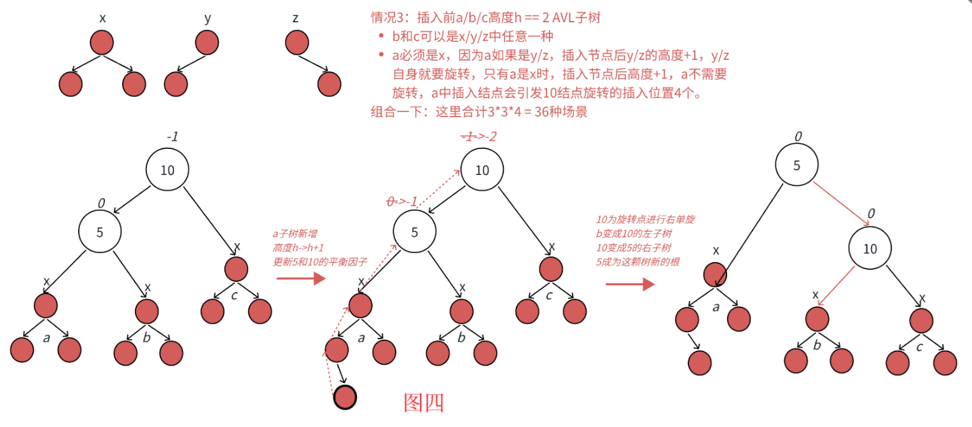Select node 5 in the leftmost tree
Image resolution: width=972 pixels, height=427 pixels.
coord(100,232)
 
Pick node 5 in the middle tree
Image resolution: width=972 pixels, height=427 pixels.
coord(415,232)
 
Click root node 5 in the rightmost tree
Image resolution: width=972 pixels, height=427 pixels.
coord(796,164)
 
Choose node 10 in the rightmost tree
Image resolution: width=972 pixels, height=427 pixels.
coord(870,249)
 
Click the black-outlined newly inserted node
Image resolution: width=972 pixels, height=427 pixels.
coord(345,397)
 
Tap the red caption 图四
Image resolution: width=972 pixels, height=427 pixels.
coord(423,402)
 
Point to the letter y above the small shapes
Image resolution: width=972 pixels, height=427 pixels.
coord(207,18)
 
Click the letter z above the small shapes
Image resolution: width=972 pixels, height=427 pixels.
coord(295,18)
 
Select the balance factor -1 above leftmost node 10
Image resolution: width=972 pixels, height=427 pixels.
coord(172,137)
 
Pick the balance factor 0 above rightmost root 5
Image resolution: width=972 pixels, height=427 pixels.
coord(798,136)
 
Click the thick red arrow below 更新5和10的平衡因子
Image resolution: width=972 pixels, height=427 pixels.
coord(301,279)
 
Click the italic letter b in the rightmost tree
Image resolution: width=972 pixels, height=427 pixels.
coord(817,346)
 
